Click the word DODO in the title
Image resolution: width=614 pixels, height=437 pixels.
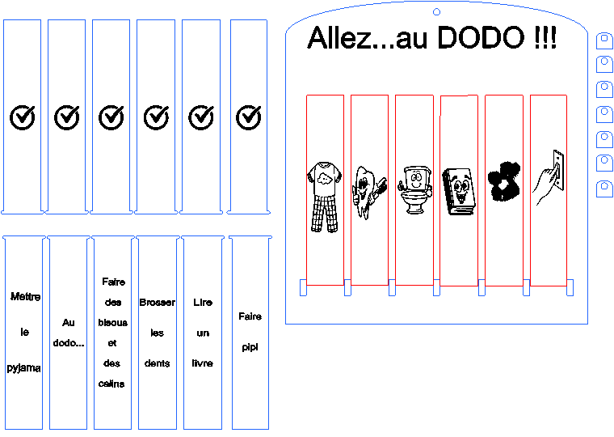coord(481,38)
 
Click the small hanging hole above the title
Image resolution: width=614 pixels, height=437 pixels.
coord(436,12)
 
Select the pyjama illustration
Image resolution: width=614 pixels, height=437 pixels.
coord(325,197)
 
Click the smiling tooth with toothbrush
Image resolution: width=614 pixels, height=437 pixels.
coord(369,192)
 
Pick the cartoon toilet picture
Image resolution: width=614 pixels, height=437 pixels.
coord(414,190)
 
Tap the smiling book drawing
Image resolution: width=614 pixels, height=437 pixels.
coord(459,192)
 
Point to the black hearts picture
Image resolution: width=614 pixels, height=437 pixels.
coord(504,181)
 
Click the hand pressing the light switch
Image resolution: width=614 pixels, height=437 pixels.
coord(549,177)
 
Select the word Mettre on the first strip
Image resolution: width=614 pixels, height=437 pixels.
coord(26,296)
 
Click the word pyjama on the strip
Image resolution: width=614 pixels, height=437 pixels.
coord(24,368)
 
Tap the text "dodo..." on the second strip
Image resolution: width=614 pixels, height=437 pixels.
coord(69,343)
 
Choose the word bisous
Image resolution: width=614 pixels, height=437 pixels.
coord(113,322)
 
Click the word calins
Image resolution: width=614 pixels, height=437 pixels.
coord(111,384)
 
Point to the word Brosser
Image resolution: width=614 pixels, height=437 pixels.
coord(157,303)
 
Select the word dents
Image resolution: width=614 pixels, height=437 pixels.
coord(157,363)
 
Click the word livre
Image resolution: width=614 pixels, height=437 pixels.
coord(203,363)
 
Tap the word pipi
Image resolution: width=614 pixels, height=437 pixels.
coord(250,347)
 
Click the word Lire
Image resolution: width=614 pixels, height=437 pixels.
coord(203,303)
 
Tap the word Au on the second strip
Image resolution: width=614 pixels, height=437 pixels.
coord(68,322)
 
